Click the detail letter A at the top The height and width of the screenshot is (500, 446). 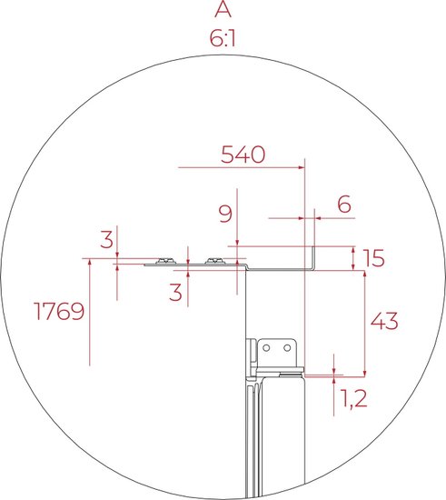point(223,9)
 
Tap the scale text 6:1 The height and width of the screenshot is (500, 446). point(223,38)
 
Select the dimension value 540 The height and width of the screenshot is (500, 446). point(243,155)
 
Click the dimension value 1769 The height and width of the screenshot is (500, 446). point(59,311)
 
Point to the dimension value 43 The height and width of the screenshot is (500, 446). point(384,321)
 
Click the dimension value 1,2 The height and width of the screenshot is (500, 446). point(354,398)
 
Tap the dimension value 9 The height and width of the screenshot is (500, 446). point(225,214)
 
